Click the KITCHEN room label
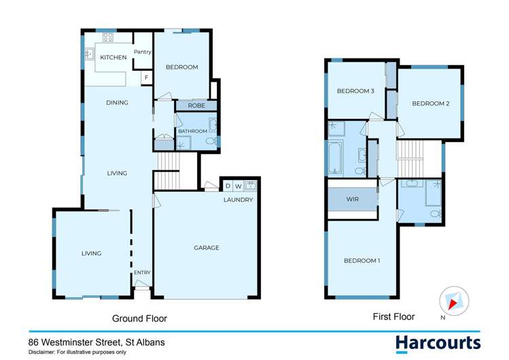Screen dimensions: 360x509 [x=113, y=58]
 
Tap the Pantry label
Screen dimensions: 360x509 [x=142, y=52]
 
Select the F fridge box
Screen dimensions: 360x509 [x=145, y=79]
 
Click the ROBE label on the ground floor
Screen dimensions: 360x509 [x=196, y=106]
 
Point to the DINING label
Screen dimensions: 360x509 [x=117, y=103]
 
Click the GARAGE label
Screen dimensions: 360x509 [x=207, y=248]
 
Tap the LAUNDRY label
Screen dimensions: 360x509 [x=239, y=200]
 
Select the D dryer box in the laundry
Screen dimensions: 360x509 [x=228, y=185]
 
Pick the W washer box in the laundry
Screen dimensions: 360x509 [x=239, y=185]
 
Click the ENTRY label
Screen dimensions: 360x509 [x=142, y=273]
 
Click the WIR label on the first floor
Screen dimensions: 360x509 [x=352, y=200]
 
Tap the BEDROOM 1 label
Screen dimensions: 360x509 [x=362, y=261]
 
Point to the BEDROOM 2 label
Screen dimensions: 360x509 [x=431, y=103]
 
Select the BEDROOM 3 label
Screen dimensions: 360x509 [x=356, y=91]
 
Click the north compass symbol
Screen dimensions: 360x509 [x=453, y=300]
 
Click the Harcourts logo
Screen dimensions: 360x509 [x=438, y=342]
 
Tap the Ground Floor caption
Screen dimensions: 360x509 [x=139, y=318]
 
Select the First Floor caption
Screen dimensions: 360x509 [x=393, y=317]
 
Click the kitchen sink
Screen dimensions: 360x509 [x=89, y=54]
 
